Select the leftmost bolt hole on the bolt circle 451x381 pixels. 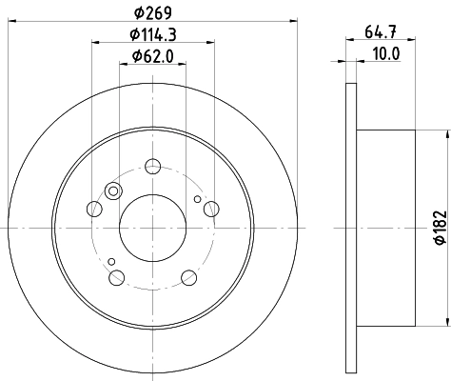pos(93,209)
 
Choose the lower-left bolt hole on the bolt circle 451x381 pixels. pos(118,277)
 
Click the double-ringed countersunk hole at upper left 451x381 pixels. pos(113,192)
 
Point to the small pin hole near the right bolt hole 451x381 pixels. pos(197,200)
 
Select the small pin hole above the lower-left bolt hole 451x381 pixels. pos(111,261)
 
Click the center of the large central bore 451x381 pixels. pos(153,229)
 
